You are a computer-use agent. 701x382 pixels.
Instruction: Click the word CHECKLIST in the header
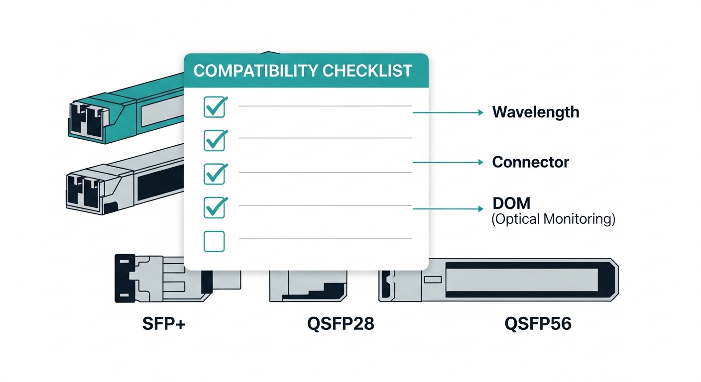point(367,71)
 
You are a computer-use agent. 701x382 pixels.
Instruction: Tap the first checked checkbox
point(215,107)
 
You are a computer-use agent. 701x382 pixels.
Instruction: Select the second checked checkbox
point(215,140)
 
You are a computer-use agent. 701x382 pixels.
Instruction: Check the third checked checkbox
point(215,174)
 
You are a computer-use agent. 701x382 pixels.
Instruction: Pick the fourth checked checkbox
point(215,207)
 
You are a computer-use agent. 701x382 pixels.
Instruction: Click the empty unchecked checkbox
point(214,241)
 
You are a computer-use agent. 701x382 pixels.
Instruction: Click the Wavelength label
point(536,112)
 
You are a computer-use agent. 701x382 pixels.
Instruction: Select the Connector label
point(530,162)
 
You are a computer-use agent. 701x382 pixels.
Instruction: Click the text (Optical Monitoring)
point(553,219)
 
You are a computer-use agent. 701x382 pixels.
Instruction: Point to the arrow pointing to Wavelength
point(448,113)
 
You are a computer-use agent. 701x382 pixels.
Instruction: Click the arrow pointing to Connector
point(448,163)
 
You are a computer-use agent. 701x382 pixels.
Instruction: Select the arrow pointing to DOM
point(448,209)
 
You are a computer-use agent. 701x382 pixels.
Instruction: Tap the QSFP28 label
point(341,324)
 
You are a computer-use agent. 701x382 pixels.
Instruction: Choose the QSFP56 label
point(538,324)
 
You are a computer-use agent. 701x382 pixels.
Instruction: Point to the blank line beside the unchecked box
point(325,239)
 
